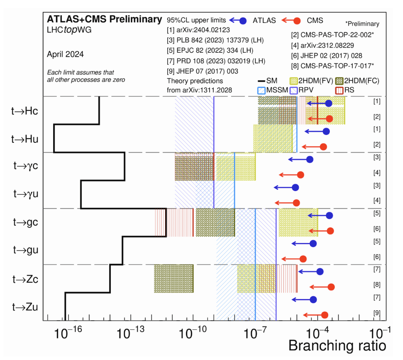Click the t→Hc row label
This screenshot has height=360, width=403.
point(25,111)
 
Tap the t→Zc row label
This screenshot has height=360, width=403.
point(25,279)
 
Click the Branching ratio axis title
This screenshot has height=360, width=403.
point(337,346)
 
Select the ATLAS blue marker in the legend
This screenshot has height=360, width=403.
point(243,20)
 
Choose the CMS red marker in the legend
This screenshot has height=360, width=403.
point(297,20)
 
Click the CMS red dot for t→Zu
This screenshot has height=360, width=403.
point(325,315)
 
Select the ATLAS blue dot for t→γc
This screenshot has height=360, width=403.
point(309,160)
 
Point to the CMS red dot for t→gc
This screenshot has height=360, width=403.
point(331,231)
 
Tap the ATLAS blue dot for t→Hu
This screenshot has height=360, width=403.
point(326,131)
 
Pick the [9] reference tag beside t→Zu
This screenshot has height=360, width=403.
point(377,313)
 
